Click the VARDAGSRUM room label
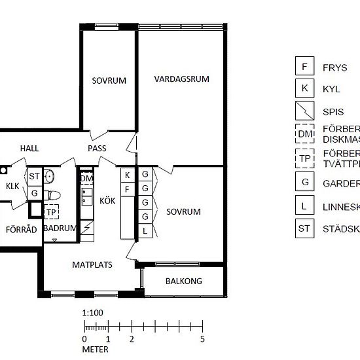[181, 79]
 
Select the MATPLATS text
[92, 265]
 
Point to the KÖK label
[107, 202]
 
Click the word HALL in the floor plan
[29, 149]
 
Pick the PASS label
[97, 149]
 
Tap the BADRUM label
[59, 228]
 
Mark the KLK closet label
[12, 187]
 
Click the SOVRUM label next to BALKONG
[183, 212]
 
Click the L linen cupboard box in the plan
[145, 230]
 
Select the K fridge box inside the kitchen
[128, 175]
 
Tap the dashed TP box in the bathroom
[50, 212]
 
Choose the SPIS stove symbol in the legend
[304, 112]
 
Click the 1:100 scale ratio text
[93, 313]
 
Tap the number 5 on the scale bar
[202, 339]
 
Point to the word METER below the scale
[95, 350]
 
